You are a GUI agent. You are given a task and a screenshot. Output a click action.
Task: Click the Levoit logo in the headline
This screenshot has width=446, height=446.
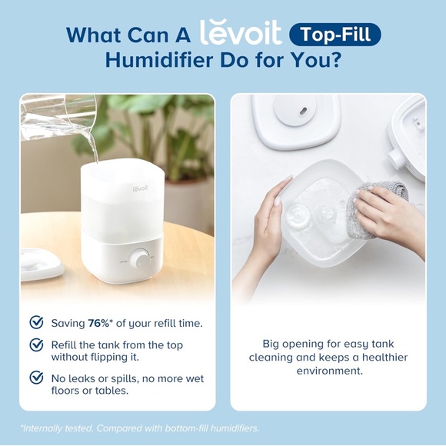[240, 33]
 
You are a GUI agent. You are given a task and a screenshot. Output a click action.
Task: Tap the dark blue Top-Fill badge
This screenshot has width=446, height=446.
[335, 35]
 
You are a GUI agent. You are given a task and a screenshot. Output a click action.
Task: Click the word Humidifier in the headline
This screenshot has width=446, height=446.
[153, 61]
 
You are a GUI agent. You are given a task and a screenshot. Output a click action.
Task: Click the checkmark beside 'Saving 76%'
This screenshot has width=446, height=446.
[36, 322]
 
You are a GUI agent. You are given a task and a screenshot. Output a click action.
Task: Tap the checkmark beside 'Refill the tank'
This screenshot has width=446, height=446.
[36, 344]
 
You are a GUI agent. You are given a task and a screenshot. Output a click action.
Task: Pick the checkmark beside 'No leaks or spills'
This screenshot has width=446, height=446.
[36, 378]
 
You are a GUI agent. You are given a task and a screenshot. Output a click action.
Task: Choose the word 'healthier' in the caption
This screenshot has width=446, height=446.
[383, 358]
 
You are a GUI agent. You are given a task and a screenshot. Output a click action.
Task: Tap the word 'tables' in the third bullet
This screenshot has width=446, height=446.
[111, 390]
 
